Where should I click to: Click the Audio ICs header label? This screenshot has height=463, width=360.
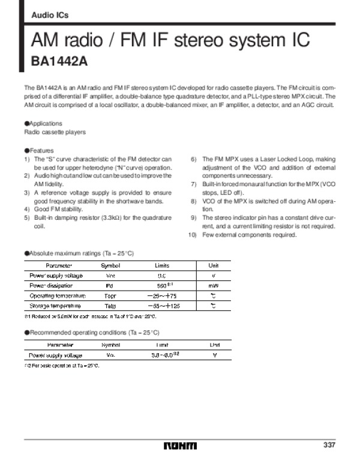click(46, 16)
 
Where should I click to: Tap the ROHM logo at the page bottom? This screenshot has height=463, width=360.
click(179, 446)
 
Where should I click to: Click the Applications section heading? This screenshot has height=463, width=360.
click(45, 123)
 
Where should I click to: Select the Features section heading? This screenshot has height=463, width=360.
click(41, 150)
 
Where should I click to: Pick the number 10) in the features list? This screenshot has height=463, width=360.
click(193, 235)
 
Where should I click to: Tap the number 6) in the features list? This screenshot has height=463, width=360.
click(194, 159)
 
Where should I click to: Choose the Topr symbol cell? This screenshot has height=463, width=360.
click(110, 296)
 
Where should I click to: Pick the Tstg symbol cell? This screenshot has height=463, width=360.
click(110, 306)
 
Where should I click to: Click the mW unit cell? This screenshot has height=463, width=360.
click(213, 286)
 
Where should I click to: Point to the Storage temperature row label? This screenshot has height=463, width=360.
click(55, 306)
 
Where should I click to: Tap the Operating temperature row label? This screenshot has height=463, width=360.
click(58, 296)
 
